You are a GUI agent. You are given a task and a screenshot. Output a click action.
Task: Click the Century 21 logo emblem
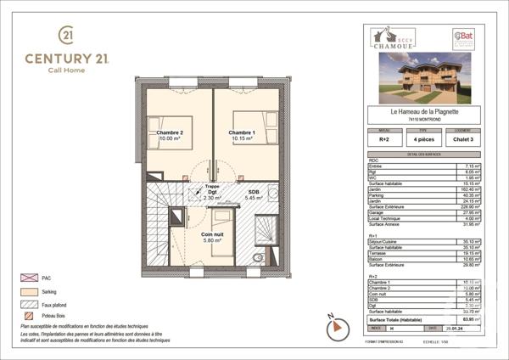click(x=65, y=35)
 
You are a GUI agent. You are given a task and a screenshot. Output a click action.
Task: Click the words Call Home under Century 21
click(x=65, y=70)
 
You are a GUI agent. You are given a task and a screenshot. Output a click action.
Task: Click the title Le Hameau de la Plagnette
click(x=423, y=110)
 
